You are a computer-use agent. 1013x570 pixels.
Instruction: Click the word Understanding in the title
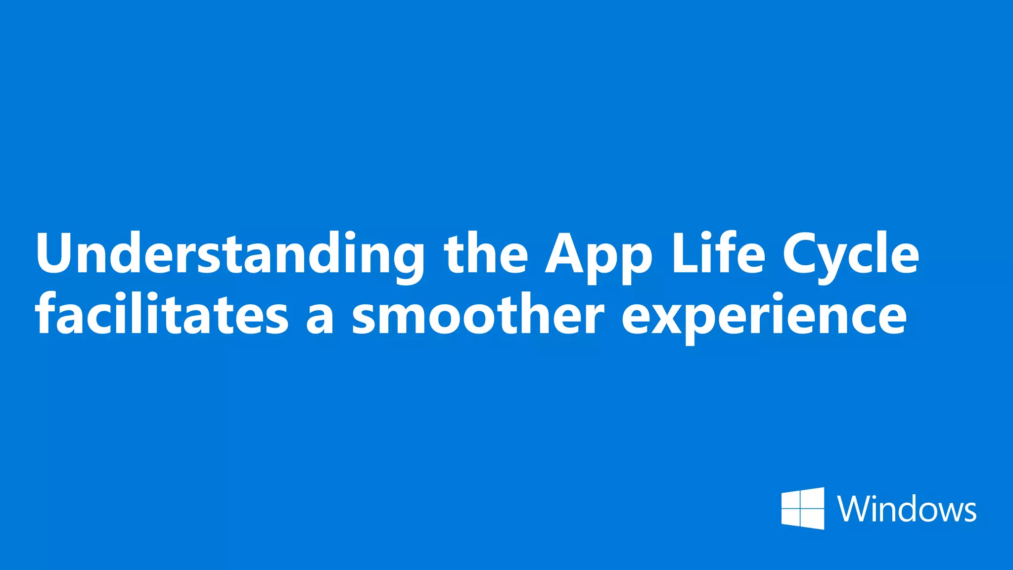pyautogui.click(x=230, y=255)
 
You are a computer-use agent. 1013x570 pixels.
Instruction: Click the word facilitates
pyautogui.click(x=161, y=314)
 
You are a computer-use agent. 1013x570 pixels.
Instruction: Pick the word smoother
pyautogui.click(x=478, y=314)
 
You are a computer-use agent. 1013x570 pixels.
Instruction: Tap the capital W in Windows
pyautogui.click(x=853, y=509)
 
